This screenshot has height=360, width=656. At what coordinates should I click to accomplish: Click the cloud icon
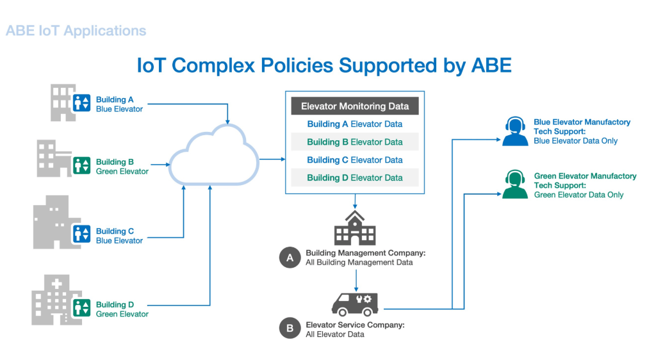213,155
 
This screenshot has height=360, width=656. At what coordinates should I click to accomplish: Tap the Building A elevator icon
81,102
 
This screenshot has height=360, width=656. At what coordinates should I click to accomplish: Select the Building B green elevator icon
81,165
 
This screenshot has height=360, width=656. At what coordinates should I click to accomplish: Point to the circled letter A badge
290,258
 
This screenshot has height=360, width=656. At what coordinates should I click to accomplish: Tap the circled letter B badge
290,328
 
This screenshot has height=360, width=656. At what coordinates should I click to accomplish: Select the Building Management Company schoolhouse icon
355,228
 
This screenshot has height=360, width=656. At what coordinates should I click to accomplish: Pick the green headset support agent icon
515,184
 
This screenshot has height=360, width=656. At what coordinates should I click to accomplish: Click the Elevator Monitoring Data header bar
355,106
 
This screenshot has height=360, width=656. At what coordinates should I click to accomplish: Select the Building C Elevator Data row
355,160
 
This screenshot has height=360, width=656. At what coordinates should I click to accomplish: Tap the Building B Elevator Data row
355,142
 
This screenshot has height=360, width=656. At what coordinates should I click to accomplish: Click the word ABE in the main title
491,65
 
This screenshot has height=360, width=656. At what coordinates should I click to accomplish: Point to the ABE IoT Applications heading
76,31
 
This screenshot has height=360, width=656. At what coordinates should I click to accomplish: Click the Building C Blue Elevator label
119,236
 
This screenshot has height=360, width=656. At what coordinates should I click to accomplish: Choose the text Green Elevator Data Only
578,195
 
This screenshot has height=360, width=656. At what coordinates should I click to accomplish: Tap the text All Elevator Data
334,334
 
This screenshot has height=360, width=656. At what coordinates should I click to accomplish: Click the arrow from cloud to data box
272,159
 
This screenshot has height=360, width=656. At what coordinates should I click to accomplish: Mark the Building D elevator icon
81,307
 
